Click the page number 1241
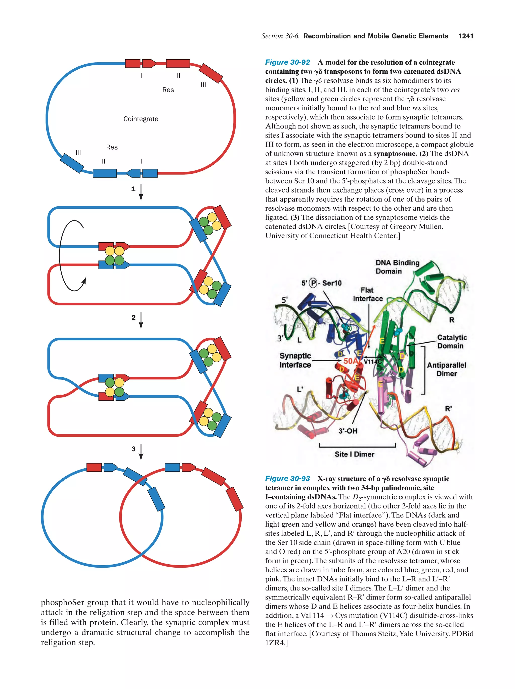pos(465,36)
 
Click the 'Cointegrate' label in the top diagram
pos(141,119)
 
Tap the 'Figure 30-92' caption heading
pos(287,62)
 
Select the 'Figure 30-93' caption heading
pos(287,478)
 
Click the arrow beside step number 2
pos(141,320)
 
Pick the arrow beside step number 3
pos(141,452)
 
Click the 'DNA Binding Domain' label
pos(397,267)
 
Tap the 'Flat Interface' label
pos(368,294)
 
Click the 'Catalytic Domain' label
pos(451,341)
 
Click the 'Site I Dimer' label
pos(355,454)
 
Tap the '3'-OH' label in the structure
pos(348,431)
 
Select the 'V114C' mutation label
pos(373,362)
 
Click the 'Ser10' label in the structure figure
pos(332,283)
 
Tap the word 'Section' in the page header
pos(272,36)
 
